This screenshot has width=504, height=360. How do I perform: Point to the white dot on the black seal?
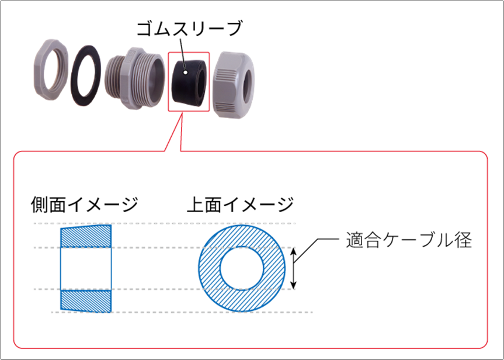[x=185, y=73]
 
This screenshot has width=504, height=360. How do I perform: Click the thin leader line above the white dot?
[x=181, y=50]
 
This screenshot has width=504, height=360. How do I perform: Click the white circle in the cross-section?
[x=242, y=268]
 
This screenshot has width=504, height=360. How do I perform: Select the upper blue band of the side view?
[x=86, y=235]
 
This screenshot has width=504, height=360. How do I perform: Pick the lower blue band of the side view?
[x=86, y=300]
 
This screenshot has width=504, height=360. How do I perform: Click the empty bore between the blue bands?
[x=86, y=268]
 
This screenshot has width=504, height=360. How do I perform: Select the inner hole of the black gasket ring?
[x=86, y=75]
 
